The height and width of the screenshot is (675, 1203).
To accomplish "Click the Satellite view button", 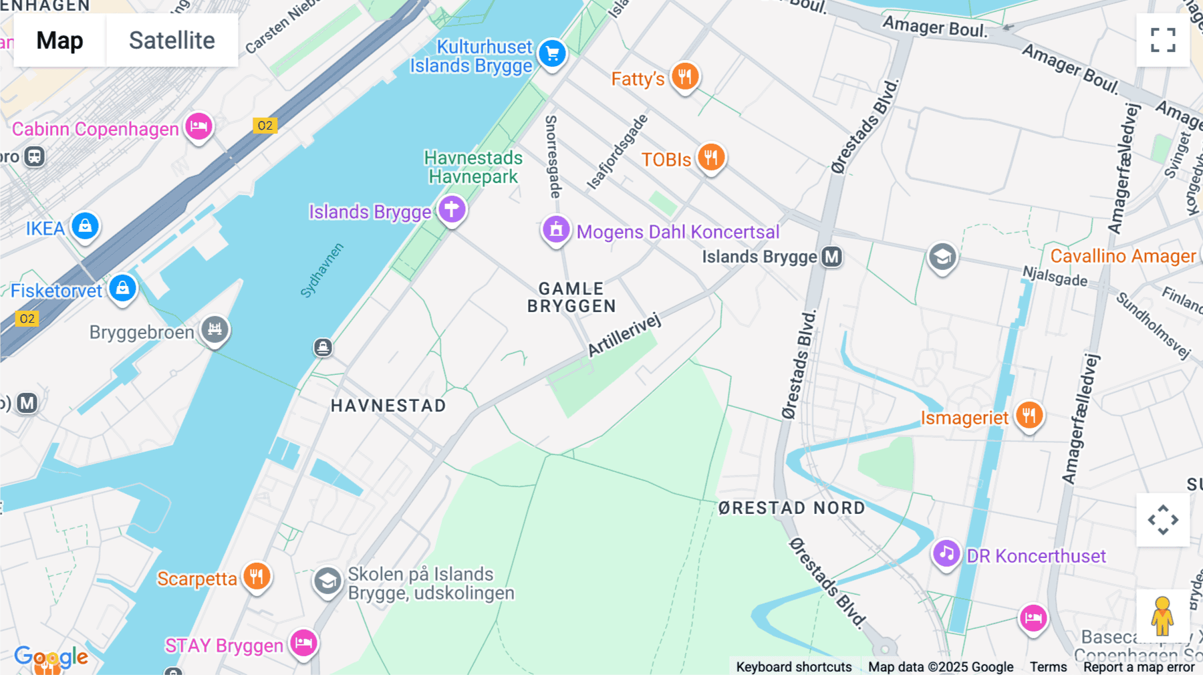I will point(172,40).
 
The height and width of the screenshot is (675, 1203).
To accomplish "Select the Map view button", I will point(59,40).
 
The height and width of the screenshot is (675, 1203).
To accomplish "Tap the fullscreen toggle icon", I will point(1163,40).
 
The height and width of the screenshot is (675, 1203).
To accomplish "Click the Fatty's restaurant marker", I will point(684,77).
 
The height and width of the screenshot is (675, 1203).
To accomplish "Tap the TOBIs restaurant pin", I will point(711,158).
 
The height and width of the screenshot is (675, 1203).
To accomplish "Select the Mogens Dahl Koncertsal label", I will point(678,232).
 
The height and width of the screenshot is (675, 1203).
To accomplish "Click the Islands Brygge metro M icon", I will point(831,257).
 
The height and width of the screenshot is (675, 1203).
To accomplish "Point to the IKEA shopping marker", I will point(86,227).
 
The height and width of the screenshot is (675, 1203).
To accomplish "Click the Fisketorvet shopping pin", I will point(122,288).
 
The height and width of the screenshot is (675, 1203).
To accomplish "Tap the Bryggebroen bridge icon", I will point(215,329).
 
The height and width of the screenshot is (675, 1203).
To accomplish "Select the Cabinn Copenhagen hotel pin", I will point(198,126).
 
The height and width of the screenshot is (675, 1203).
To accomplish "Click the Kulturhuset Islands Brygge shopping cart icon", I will point(552,53).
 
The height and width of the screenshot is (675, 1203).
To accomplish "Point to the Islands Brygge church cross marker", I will point(452,209).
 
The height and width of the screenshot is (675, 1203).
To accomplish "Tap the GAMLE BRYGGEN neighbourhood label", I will point(571,297).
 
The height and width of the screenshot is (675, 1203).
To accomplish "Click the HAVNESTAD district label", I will point(388,406).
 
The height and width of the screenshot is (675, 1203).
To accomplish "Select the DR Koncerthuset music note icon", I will point(946,553).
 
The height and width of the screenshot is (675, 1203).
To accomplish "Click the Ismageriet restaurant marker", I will point(1029,415).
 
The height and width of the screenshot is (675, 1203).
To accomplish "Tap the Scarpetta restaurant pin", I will point(257,575).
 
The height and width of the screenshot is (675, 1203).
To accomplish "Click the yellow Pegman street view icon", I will point(1162,616).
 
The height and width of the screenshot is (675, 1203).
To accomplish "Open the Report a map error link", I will point(1139,667).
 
